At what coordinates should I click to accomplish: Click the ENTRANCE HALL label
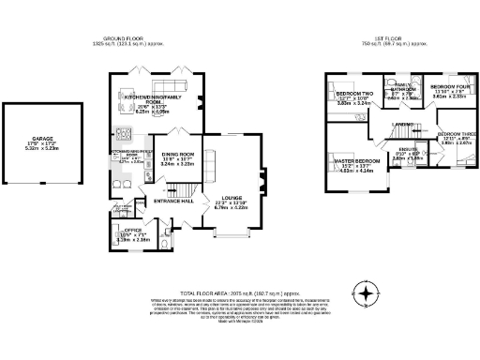click(173, 201)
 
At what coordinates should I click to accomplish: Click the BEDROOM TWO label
click(355, 94)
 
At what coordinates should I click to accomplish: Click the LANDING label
click(403, 124)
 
